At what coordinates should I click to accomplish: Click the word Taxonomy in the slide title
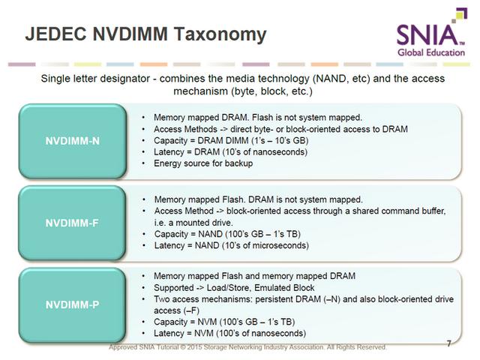pyautogui.click(x=220, y=34)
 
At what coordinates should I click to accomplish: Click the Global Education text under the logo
pyautogui.click(x=431, y=52)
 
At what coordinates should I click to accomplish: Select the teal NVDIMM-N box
pyautogui.click(x=73, y=141)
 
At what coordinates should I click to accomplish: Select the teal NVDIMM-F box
pyautogui.click(x=72, y=223)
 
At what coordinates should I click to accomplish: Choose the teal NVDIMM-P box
pyautogui.click(x=72, y=305)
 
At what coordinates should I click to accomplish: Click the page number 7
pyautogui.click(x=448, y=343)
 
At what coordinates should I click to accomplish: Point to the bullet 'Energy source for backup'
pyautogui.click(x=203, y=163)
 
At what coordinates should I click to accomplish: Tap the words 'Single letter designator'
pyautogui.click(x=95, y=78)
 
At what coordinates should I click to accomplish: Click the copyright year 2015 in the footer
pyautogui.click(x=194, y=347)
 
